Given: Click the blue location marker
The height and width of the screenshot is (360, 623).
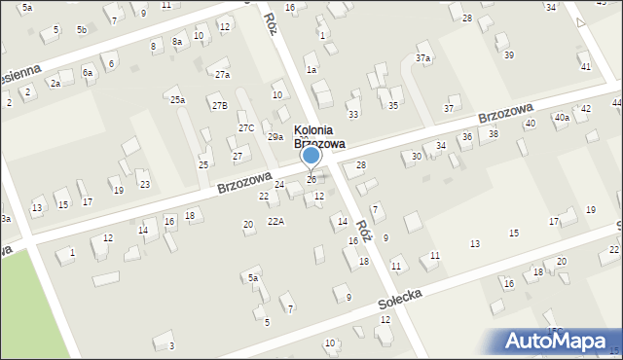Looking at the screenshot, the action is pyautogui.click(x=311, y=155).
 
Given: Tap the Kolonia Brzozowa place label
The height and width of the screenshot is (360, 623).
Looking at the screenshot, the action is pyautogui.click(x=320, y=137).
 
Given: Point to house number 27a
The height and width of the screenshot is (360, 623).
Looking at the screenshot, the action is pyautogui.click(x=222, y=75).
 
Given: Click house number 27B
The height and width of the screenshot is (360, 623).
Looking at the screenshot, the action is pyautogui.click(x=219, y=105).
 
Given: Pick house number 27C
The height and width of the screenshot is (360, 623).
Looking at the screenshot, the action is pyautogui.click(x=246, y=127).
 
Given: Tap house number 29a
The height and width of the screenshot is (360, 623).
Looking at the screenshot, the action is pyautogui.click(x=275, y=137).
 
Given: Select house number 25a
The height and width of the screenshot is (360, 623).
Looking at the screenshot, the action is pyautogui.click(x=177, y=100).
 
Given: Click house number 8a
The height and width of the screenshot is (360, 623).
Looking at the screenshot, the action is pyautogui.click(x=177, y=42).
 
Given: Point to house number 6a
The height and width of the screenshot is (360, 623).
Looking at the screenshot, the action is pyautogui.click(x=88, y=72).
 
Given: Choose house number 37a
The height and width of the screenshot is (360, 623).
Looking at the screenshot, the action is pyautogui.click(x=422, y=58).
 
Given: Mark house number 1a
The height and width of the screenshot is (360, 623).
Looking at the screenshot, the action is pyautogui.click(x=311, y=70).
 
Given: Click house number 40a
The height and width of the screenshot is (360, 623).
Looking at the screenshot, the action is pyautogui.click(x=562, y=118).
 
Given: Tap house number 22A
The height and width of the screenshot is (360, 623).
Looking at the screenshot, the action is pyautogui.click(x=276, y=222).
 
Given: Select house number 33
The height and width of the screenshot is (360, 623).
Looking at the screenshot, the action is pyautogui.click(x=352, y=114).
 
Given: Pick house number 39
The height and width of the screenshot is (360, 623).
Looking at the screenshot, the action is pyautogui.click(x=508, y=55).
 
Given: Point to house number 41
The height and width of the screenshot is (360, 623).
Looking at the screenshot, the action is pyautogui.click(x=585, y=66).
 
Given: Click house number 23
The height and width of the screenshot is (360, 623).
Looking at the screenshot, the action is pyautogui.click(x=144, y=184).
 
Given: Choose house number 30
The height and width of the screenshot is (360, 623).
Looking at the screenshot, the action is pyautogui.click(x=417, y=156).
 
